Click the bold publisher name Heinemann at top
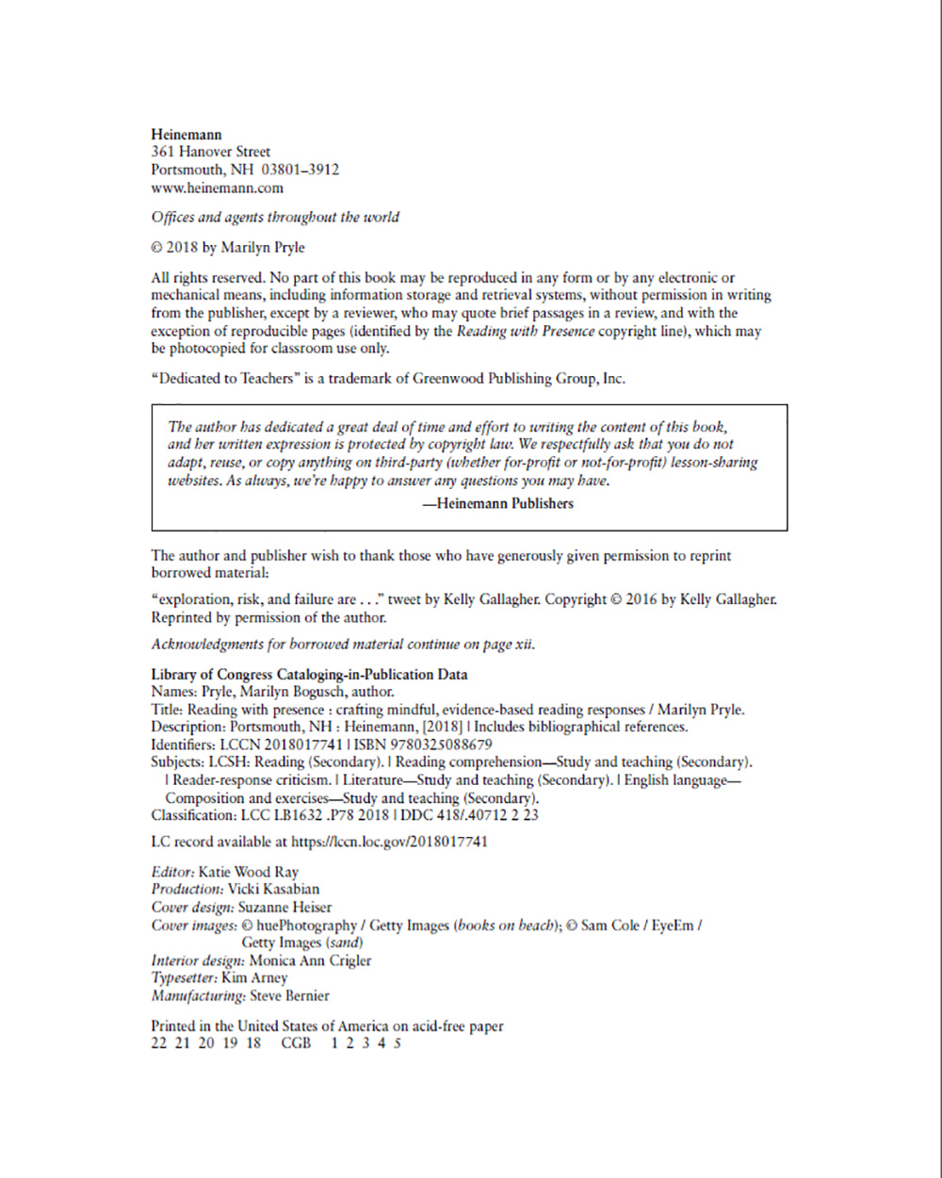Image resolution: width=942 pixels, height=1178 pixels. pyautogui.click(x=187, y=134)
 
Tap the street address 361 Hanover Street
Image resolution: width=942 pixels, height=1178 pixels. pyautogui.click(x=211, y=152)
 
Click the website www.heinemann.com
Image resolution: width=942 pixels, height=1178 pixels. pyautogui.click(x=218, y=188)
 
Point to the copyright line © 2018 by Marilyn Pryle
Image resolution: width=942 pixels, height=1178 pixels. pyautogui.click(x=228, y=248)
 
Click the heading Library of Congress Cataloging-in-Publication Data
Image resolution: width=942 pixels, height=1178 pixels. pyautogui.click(x=309, y=675)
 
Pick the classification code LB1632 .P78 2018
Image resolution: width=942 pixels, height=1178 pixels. pyautogui.click(x=321, y=815)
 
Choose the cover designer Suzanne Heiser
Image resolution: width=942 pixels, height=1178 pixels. pyautogui.click(x=284, y=908)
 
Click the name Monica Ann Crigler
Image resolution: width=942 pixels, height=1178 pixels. pyautogui.click(x=310, y=961)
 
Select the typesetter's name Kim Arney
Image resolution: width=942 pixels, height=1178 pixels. pyautogui.click(x=261, y=978)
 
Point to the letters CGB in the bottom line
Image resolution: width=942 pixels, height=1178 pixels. pyautogui.click(x=296, y=1043)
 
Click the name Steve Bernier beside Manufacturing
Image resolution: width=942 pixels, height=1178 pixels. pyautogui.click(x=289, y=995)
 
